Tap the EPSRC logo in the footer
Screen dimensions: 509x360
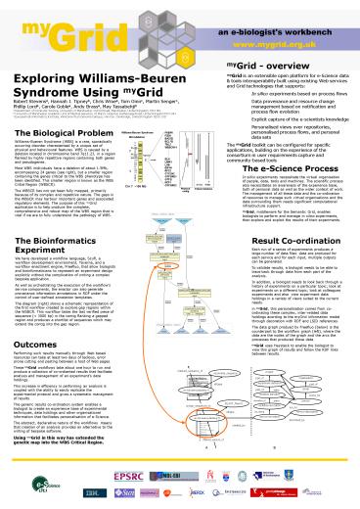coord(106,486)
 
